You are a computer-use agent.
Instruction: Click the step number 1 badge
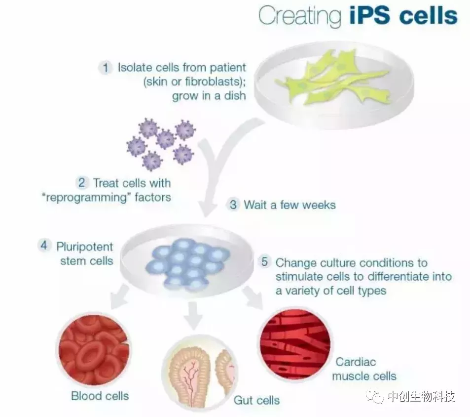(x=106, y=67)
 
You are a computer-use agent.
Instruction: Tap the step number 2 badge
(x=81, y=182)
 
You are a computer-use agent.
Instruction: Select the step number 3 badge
(x=233, y=205)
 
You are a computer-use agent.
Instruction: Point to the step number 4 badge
(x=44, y=245)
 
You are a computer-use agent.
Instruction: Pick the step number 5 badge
(x=264, y=261)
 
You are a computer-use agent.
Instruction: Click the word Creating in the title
(x=300, y=16)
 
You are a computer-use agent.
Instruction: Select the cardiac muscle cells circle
(x=295, y=344)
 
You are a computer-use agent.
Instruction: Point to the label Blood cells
(x=100, y=396)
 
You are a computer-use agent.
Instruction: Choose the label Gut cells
(x=256, y=400)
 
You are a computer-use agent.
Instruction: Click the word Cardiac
(x=356, y=362)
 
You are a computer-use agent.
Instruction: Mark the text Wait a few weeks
(x=289, y=205)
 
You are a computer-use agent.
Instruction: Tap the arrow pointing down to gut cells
(x=193, y=315)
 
